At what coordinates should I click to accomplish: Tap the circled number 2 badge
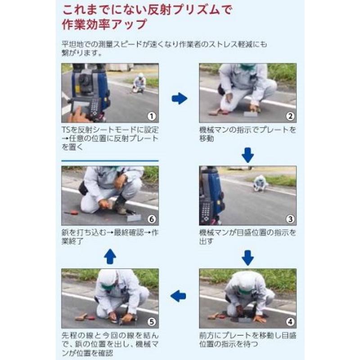(291, 117)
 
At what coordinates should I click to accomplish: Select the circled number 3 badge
(291, 219)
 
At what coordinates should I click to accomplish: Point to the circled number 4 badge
(291, 322)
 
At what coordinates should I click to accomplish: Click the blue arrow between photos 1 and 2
(179, 98)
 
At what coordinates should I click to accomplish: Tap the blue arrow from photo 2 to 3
(247, 155)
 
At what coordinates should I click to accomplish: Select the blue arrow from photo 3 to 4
(247, 257)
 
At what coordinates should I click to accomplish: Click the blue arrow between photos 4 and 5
(179, 296)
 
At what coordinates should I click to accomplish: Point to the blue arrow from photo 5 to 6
(110, 256)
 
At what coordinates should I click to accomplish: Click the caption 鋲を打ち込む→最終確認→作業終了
(110, 237)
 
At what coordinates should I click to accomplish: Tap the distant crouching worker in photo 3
(260, 183)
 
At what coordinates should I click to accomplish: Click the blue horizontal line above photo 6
(110, 161)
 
